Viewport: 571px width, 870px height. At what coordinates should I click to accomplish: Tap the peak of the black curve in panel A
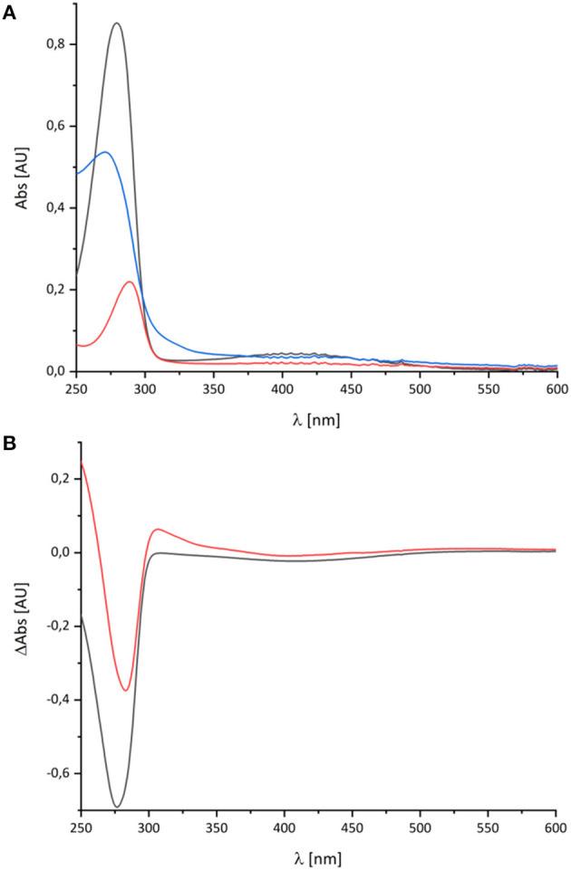point(116,24)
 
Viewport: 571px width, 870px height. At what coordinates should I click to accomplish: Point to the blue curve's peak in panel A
point(105,152)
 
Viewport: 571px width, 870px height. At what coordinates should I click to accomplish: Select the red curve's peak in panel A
point(130,282)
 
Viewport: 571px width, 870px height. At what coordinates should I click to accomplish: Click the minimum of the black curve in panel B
point(117,807)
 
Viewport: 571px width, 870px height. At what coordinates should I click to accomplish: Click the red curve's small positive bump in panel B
point(160,529)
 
